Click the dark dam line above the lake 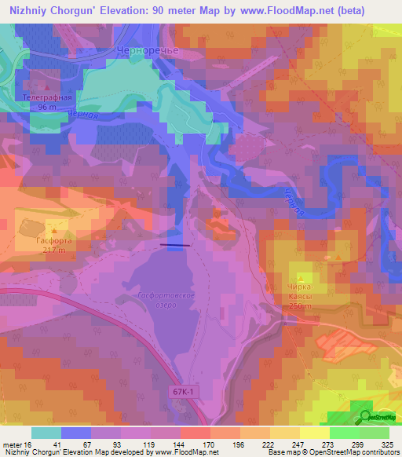pyautogui.click(x=174, y=245)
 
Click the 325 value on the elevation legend pyautogui.click(x=388, y=445)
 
